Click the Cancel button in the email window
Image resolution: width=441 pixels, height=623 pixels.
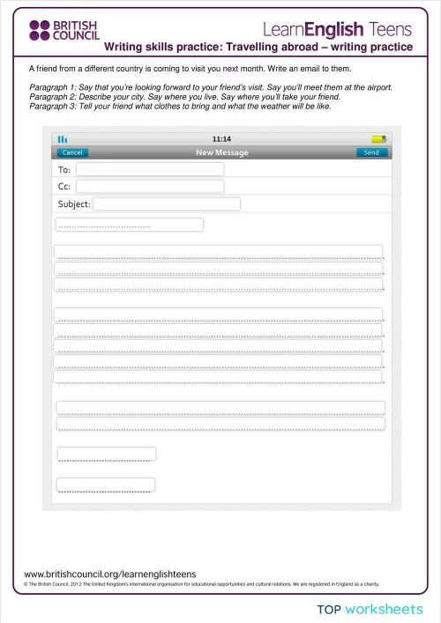pos(72,152)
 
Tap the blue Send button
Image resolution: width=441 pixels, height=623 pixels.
pos(371,152)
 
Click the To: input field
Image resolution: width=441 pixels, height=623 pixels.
pos(149,169)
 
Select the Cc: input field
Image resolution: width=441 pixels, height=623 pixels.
pos(149,187)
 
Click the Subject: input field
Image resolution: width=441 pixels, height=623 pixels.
pos(166,204)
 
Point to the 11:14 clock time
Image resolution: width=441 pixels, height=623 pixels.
pos(221,139)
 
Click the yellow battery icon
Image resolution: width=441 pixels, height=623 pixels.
pos(378,139)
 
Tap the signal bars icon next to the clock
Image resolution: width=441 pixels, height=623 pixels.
pos(63,139)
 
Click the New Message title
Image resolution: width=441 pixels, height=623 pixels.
pos(221,152)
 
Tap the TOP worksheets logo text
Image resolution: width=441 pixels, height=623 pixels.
pos(370,609)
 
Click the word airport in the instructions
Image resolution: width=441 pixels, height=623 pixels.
pos(376,88)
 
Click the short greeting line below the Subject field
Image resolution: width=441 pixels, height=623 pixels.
pos(129,225)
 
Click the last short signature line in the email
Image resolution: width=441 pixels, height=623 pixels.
pos(106,485)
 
